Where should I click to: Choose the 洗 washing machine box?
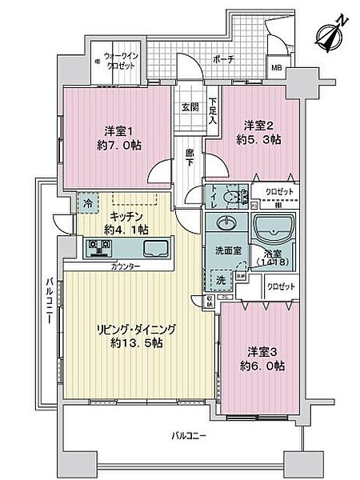point(221,280)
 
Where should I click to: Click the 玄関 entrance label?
point(189,106)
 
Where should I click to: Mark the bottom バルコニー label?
point(190,437)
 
